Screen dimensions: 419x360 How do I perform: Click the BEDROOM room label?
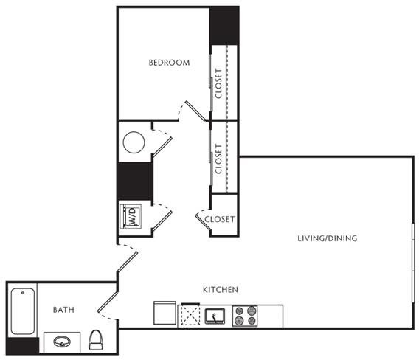[x=169, y=63]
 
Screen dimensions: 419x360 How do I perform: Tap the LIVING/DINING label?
[x=328, y=238]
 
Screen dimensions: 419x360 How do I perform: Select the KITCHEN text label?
[x=221, y=290]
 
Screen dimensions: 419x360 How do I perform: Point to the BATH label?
[x=63, y=310]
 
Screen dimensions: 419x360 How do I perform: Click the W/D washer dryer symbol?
[x=131, y=216]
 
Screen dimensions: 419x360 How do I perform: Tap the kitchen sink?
[x=215, y=316]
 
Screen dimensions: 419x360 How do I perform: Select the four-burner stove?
[x=245, y=316]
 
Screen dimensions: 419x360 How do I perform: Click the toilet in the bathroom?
[x=96, y=339]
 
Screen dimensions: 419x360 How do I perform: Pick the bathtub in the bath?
[x=23, y=311]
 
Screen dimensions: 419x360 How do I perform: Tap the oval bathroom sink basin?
[x=62, y=342]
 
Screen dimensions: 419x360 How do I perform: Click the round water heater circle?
[x=134, y=142]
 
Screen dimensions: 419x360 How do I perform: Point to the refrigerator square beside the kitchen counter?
[x=165, y=313]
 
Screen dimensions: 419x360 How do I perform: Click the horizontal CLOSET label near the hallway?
[x=220, y=219]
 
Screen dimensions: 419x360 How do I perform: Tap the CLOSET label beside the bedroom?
[x=218, y=83]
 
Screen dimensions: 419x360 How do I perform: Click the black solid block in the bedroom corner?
[x=224, y=26]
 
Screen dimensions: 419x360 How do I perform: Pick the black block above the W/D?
[x=135, y=181]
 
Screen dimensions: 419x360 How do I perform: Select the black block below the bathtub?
[x=23, y=346]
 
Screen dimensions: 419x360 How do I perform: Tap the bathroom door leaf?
[x=108, y=302]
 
